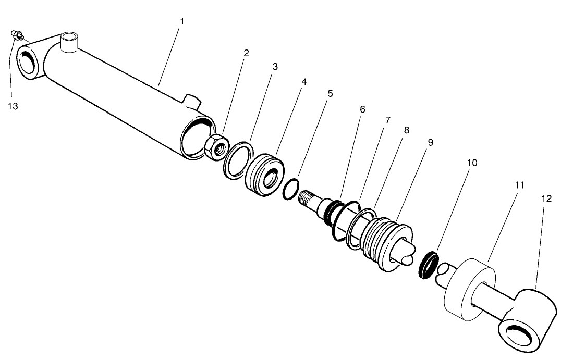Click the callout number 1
(182, 21)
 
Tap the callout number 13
(13, 106)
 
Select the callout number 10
(471, 163)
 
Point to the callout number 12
(546, 199)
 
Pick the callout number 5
(329, 94)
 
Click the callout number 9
(430, 142)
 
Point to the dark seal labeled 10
(429, 265)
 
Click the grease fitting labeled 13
(16, 35)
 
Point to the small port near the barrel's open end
(191, 101)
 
